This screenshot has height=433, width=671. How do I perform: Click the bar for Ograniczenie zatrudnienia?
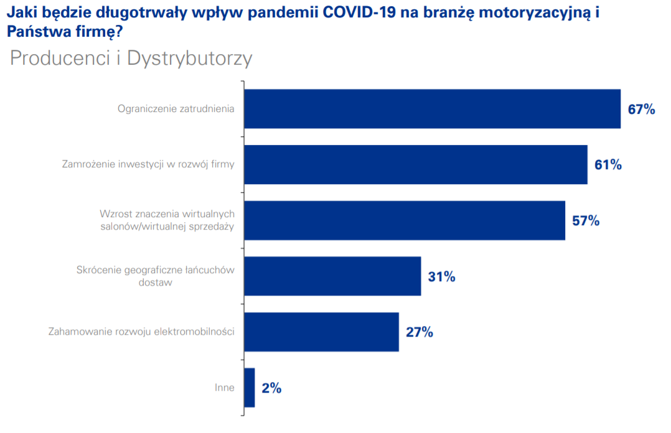[432, 109]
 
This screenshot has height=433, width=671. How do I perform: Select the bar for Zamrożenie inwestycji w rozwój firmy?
[415, 164]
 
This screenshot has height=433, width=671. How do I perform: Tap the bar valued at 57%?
[404, 220]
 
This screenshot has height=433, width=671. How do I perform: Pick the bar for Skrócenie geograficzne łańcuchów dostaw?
[332, 276]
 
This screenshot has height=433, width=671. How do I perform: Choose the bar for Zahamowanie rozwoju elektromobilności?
[321, 332]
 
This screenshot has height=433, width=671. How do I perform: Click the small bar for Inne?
[249, 388]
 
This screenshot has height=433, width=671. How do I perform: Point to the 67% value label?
[641, 109]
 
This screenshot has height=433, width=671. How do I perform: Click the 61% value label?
[608, 165]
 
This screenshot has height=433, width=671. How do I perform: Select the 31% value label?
[441, 277]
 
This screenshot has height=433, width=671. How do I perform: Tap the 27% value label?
[419, 332]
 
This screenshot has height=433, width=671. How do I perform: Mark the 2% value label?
[271, 388]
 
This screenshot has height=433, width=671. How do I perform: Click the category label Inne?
[224, 388]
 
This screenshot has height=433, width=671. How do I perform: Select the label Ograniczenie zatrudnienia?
[176, 109]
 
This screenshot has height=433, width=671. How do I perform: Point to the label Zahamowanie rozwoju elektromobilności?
[141, 332]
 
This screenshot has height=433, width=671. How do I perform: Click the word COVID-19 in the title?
[362, 12]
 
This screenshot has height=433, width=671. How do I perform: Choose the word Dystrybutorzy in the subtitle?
[190, 58]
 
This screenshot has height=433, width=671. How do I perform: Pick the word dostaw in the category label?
[155, 282]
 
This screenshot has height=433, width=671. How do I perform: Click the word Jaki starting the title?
[19, 12]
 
